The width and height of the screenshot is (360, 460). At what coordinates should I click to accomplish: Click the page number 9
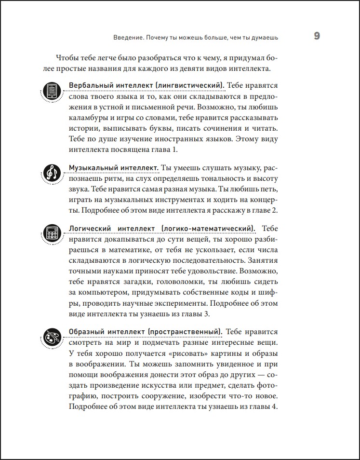point(317,36)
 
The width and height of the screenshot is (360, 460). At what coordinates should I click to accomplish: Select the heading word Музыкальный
point(90,167)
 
